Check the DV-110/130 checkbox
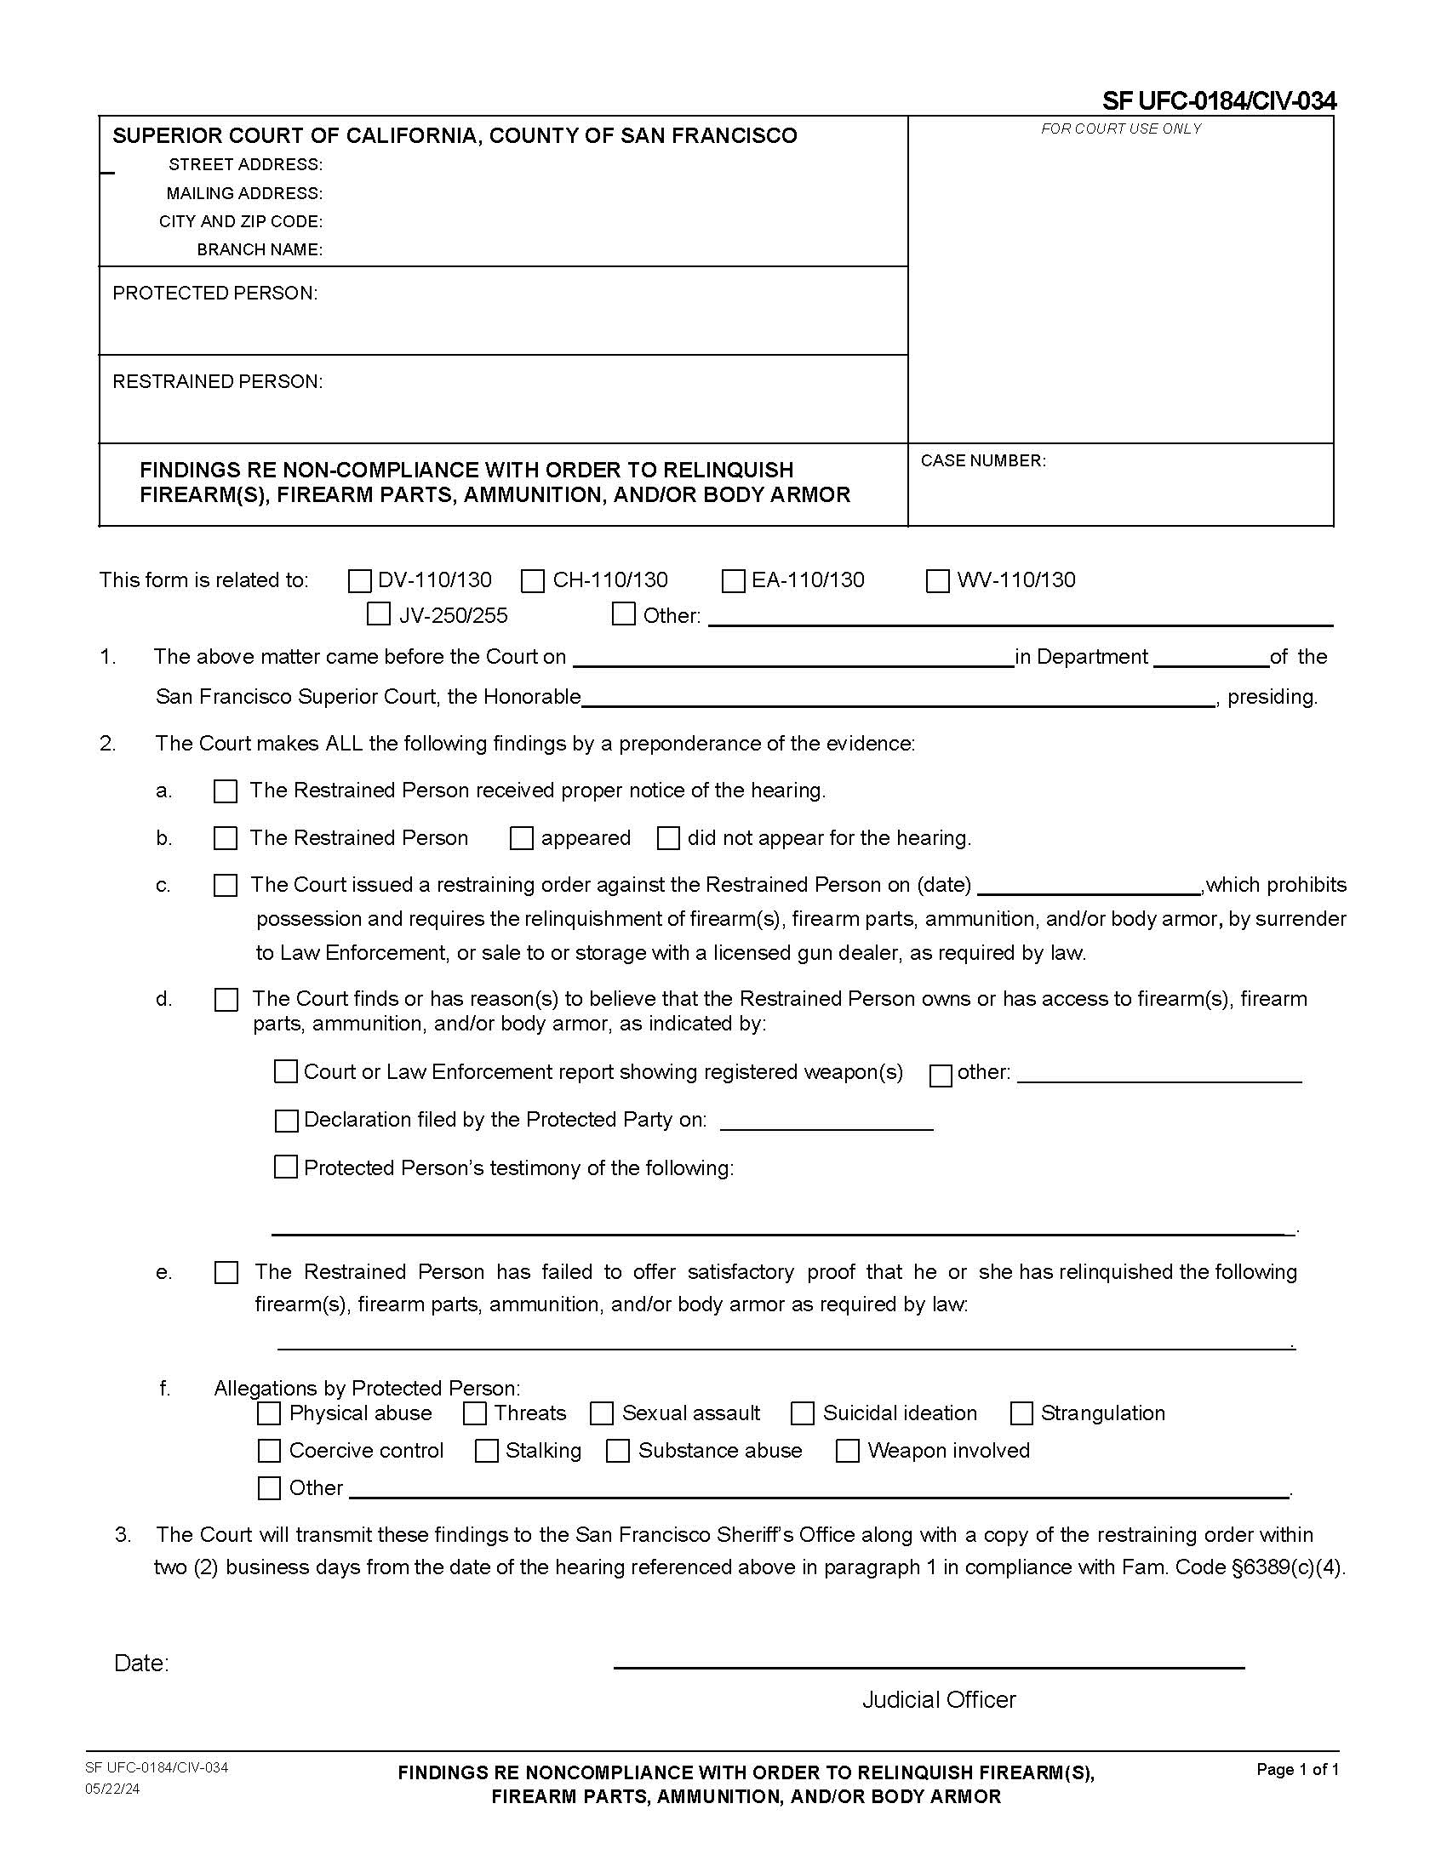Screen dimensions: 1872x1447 point(359,581)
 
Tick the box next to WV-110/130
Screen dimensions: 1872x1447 point(938,581)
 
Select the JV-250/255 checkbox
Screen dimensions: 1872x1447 point(378,614)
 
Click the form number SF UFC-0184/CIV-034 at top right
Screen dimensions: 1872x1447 point(1218,101)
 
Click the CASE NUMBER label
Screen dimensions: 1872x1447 point(982,461)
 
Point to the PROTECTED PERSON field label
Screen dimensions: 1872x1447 point(215,294)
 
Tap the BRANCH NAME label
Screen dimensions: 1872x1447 point(260,249)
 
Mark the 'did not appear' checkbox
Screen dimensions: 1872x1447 point(668,838)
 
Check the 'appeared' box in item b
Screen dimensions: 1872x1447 point(521,838)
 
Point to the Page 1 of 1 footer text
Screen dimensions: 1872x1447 point(1297,1769)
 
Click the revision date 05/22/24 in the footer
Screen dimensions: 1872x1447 point(112,1789)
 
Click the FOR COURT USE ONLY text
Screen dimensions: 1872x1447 point(1120,128)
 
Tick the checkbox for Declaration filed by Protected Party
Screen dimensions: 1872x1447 point(286,1121)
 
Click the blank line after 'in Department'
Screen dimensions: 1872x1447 point(1210,659)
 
